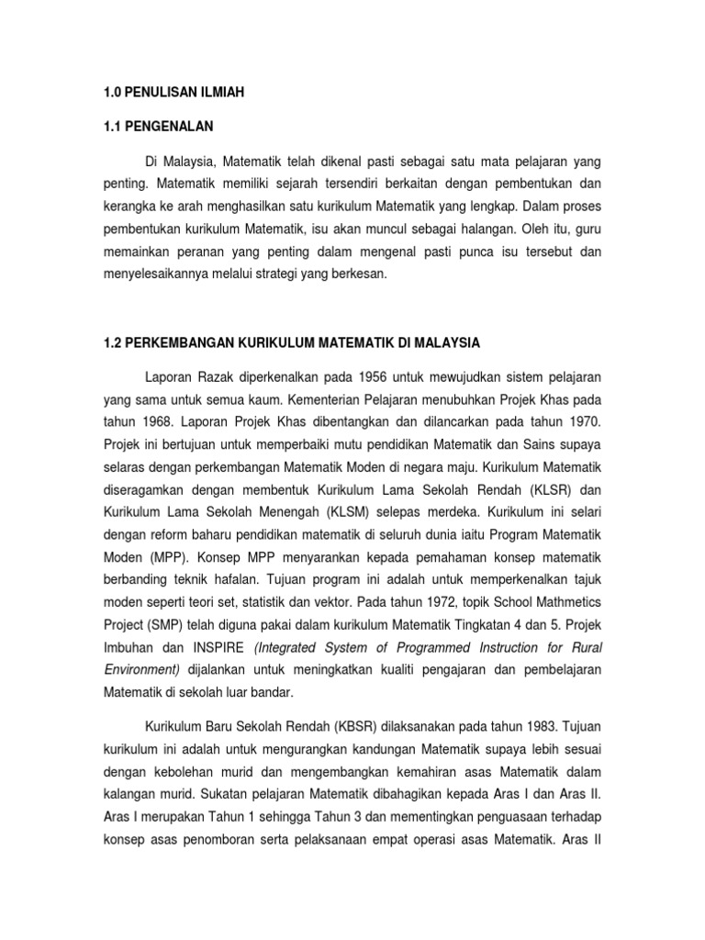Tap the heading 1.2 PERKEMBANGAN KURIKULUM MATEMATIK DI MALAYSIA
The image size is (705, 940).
click(291, 342)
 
